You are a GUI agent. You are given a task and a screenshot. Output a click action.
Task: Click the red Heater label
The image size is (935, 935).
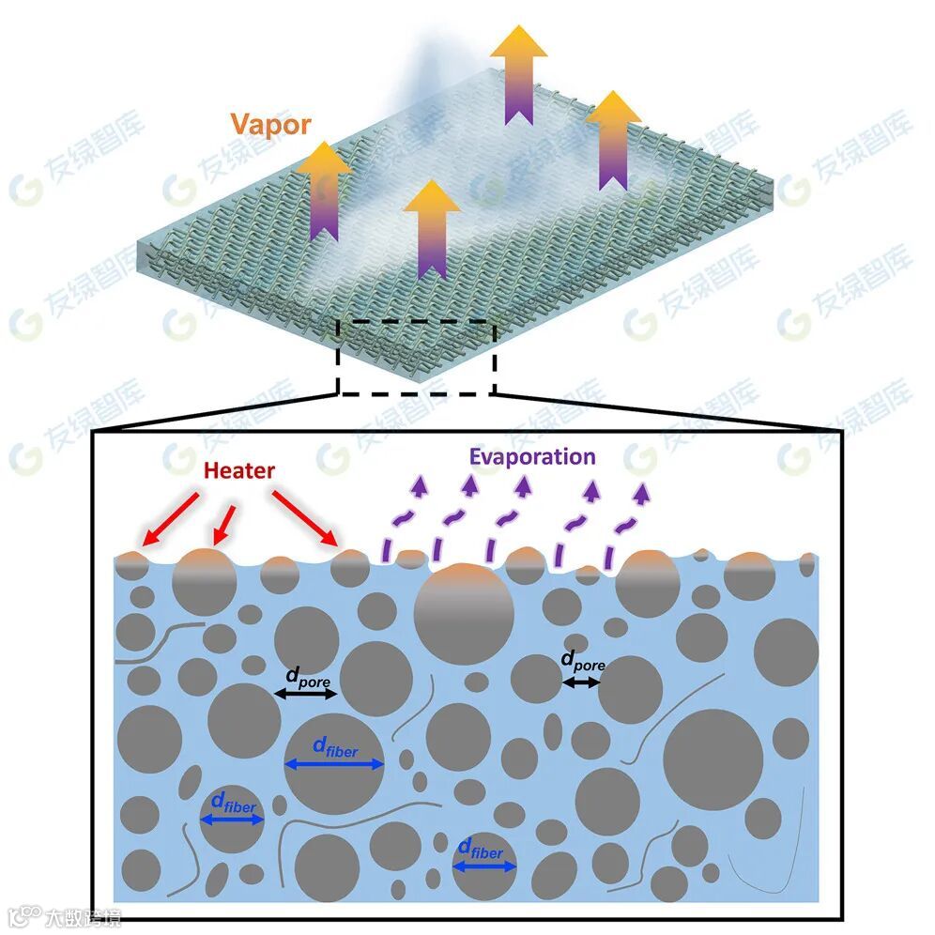click(x=238, y=469)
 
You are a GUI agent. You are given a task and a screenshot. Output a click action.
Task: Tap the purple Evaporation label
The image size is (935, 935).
click(x=533, y=457)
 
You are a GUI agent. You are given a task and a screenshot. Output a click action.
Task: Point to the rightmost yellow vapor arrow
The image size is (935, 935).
click(x=613, y=141)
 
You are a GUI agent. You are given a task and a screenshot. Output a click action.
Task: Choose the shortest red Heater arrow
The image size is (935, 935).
click(x=223, y=523)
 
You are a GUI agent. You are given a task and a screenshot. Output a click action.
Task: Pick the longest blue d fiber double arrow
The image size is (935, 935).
click(x=334, y=764)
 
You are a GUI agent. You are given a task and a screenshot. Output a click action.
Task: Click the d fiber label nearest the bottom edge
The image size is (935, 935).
click(x=481, y=851)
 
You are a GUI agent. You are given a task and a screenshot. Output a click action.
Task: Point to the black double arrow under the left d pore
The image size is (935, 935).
click(x=306, y=694)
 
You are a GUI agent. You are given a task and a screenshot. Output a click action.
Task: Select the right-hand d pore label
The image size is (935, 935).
click(x=582, y=662)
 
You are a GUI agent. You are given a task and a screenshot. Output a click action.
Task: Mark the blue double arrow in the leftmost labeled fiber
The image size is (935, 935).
click(x=232, y=820)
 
